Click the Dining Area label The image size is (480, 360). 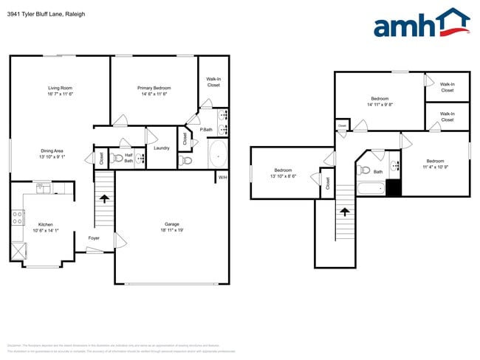[x=52, y=153]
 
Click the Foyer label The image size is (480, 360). [x=94, y=238]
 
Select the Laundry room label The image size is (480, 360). [x=162, y=148]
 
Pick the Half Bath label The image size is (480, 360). [x=128, y=157]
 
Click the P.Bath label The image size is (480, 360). [x=207, y=130]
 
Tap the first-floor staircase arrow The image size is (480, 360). [x=105, y=198]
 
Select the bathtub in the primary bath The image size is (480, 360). [x=219, y=155]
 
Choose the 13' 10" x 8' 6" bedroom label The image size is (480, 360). [x=284, y=173]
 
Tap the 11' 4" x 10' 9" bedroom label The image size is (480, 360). [x=435, y=165]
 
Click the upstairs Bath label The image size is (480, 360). [x=378, y=172]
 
